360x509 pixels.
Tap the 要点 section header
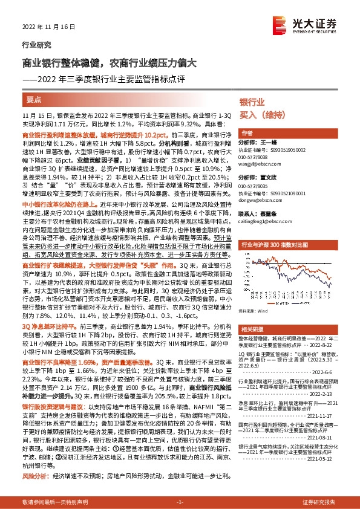[x=34, y=99]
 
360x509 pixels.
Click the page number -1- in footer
[x=179, y=502]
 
